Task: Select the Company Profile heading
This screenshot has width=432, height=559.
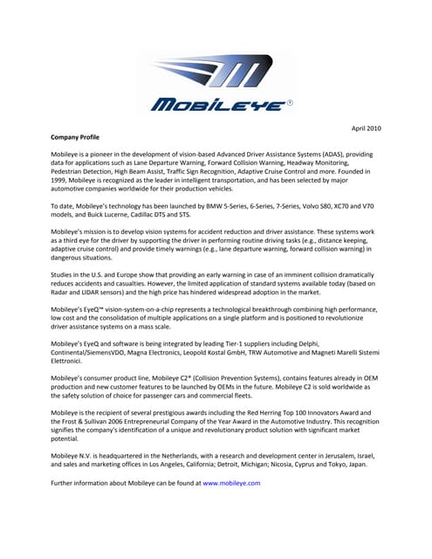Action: (75, 137)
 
